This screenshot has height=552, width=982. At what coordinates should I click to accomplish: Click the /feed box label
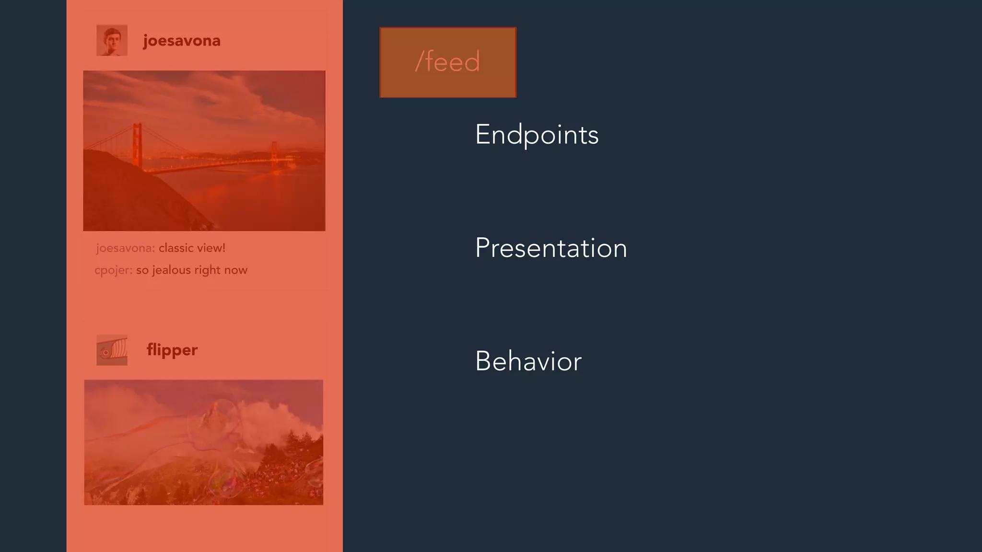click(x=447, y=62)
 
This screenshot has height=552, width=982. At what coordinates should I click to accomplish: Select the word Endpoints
click(x=537, y=135)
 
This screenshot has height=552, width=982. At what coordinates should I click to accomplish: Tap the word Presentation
click(x=550, y=248)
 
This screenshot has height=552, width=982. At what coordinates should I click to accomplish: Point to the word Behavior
click(x=528, y=361)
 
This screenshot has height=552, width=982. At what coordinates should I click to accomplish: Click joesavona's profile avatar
click(x=112, y=40)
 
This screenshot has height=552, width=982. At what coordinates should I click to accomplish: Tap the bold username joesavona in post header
click(x=182, y=41)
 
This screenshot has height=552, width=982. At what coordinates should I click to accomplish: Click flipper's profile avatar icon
click(x=112, y=350)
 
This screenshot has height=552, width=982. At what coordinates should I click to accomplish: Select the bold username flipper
click(x=172, y=350)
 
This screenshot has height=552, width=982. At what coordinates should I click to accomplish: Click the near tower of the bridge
click(x=137, y=144)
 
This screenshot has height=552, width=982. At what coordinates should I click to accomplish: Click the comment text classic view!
click(x=192, y=248)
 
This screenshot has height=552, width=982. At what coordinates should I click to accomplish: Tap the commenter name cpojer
click(x=113, y=270)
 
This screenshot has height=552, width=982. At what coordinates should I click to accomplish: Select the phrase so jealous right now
click(x=192, y=270)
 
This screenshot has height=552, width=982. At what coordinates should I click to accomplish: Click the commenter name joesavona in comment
click(x=125, y=248)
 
